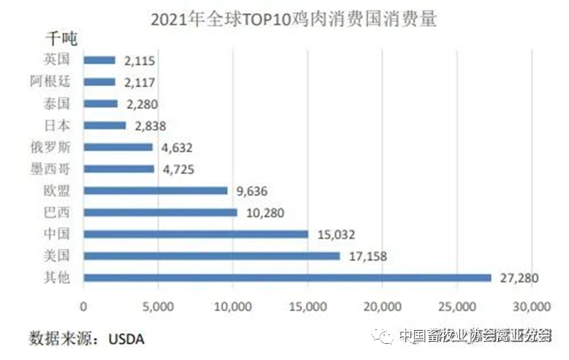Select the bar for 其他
click(x=287, y=278)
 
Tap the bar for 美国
click(x=212, y=256)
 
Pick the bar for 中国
click(x=196, y=234)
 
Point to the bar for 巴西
click(x=161, y=212)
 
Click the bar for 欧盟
click(x=156, y=190)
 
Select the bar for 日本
click(x=105, y=125)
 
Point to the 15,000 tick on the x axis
click(x=308, y=305)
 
